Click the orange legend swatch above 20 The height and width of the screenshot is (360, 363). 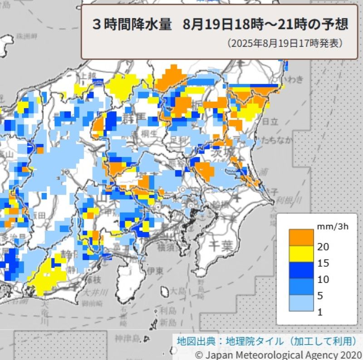[x=301, y=236]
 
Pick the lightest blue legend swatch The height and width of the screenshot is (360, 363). [x=301, y=303]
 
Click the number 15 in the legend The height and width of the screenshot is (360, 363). [x=323, y=263]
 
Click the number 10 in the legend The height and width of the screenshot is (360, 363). [x=323, y=279]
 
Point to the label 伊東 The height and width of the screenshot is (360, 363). [x=155, y=271]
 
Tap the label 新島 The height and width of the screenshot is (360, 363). [x=168, y=322]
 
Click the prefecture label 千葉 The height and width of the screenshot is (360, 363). [x=221, y=246]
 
